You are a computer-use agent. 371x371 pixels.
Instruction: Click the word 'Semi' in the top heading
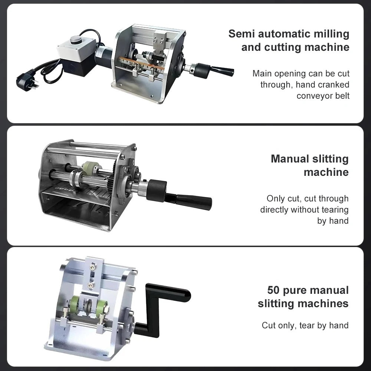pyautogui.click(x=242, y=34)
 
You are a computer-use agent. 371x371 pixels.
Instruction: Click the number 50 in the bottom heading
pyautogui.click(x=273, y=290)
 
